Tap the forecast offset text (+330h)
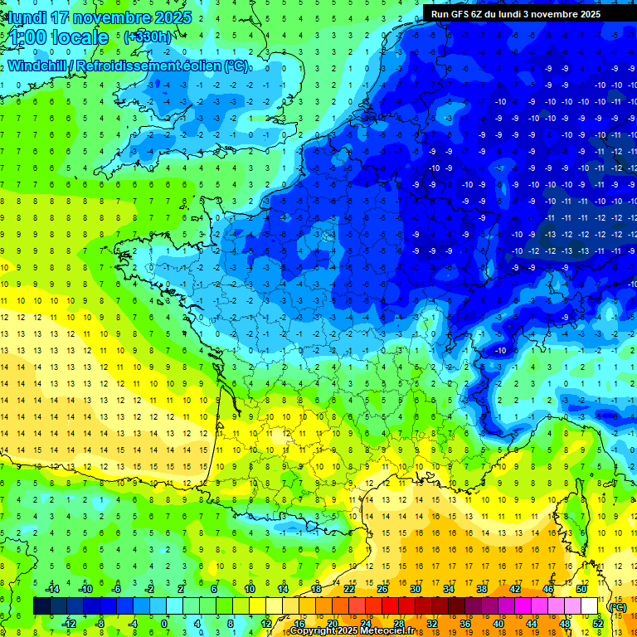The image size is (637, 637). click(x=148, y=36)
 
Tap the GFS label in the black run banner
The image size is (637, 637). click(x=465, y=14)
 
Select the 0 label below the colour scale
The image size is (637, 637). click(x=163, y=624)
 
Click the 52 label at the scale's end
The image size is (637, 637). click(x=598, y=624)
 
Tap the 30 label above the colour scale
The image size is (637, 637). click(x=415, y=589)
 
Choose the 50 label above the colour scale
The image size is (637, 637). click(x=581, y=589)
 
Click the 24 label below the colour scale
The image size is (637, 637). click(x=365, y=624)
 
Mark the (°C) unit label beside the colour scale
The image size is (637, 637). click(x=617, y=607)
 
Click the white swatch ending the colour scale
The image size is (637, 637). click(x=590, y=606)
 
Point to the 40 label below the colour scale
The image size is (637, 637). click(x=498, y=624)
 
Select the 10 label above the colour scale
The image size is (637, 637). click(x=249, y=589)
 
